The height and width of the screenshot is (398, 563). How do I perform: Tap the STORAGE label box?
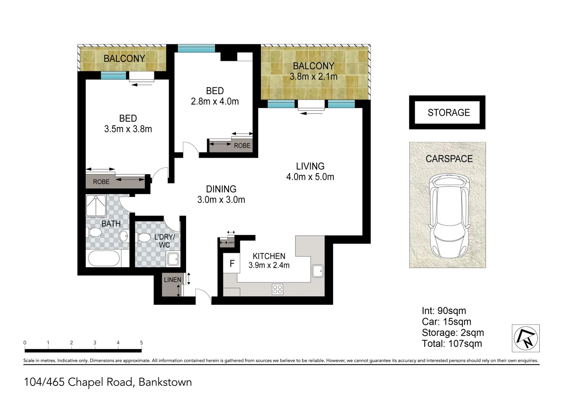tap(448, 112)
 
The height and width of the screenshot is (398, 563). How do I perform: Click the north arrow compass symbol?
tap(526, 338)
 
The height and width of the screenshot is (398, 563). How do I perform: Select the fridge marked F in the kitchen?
tap(232, 263)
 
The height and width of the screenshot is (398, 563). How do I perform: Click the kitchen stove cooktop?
tap(277, 289)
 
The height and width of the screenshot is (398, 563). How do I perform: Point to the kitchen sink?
tap(317, 271)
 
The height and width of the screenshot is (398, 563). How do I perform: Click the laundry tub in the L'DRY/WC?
tap(173, 259)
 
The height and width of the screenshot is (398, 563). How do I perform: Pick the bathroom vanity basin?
tap(124, 236)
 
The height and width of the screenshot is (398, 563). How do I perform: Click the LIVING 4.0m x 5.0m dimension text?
tap(310, 177)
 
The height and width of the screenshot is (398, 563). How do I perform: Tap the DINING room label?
tap(221, 189)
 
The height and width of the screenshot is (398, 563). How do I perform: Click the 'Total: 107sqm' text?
tap(452, 344)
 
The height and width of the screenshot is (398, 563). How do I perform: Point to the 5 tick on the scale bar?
tap(141, 343)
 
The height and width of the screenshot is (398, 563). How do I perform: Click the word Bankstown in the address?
tap(165, 382)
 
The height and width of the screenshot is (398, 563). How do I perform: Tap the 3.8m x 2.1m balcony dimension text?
tap(314, 77)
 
